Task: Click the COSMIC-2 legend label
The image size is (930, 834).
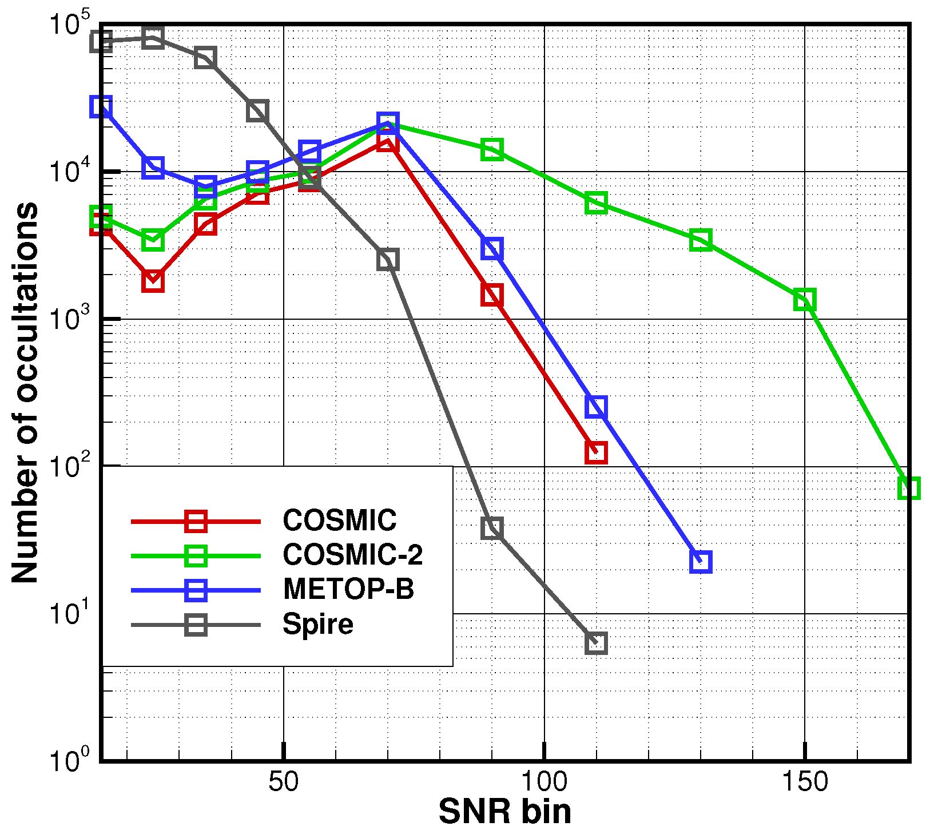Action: (352, 554)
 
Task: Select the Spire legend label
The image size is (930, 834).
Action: (318, 623)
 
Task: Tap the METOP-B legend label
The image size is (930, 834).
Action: (348, 589)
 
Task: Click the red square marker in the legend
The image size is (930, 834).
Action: (196, 521)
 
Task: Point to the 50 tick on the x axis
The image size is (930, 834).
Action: (284, 782)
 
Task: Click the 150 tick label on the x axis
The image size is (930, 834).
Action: (805, 782)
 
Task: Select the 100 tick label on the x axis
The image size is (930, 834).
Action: (544, 782)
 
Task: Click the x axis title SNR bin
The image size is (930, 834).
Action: (504, 812)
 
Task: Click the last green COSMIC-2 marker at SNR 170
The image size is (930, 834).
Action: (908, 488)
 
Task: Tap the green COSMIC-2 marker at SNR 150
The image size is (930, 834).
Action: (805, 299)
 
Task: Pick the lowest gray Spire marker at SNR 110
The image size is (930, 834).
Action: (596, 643)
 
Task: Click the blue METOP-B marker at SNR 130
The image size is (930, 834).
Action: (701, 562)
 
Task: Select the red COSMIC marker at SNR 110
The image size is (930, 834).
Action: (596, 452)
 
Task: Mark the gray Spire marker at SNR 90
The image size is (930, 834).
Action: (492, 528)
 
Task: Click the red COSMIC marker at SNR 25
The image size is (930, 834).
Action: (153, 281)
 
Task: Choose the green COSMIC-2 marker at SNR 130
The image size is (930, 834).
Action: (701, 240)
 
